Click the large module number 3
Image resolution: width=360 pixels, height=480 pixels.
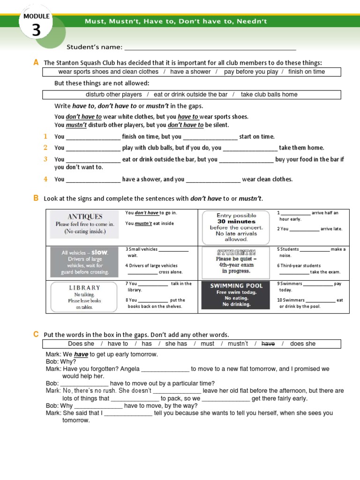click(36, 30)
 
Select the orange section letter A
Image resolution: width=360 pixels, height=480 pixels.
click(36, 62)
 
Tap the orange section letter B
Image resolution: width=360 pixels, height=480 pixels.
click(36, 198)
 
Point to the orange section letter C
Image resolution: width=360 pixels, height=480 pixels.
click(36, 334)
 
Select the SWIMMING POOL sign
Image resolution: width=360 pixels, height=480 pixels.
click(236, 294)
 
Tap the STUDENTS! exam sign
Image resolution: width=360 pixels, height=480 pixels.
click(236, 261)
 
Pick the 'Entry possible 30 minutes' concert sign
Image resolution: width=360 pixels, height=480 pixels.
click(236, 227)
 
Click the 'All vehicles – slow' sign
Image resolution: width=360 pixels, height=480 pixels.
click(85, 262)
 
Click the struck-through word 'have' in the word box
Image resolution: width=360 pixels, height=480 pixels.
click(268, 344)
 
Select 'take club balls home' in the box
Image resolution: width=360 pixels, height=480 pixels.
click(269, 94)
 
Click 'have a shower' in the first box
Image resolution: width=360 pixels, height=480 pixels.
click(190, 72)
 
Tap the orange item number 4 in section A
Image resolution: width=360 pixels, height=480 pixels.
click(45, 179)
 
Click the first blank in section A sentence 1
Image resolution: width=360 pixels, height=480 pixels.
click(93, 137)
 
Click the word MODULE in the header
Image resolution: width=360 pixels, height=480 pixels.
click(36, 16)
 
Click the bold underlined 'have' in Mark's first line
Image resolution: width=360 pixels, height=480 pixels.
click(81, 354)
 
